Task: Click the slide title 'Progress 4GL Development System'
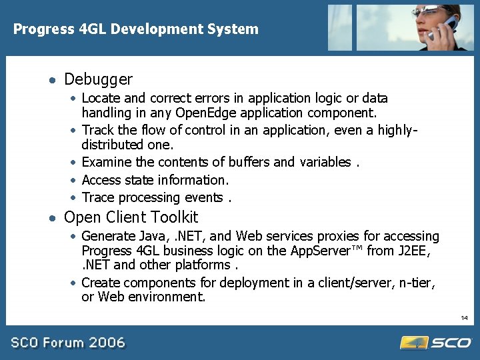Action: click(136, 29)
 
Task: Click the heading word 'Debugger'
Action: click(98, 79)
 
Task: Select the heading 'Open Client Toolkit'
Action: click(131, 217)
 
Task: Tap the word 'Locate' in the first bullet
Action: click(101, 99)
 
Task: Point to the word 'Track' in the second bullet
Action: click(98, 130)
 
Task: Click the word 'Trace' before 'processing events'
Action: click(97, 197)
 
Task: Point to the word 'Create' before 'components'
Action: click(101, 283)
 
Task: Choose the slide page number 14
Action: click(464, 318)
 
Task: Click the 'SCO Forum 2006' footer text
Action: click(67, 343)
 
